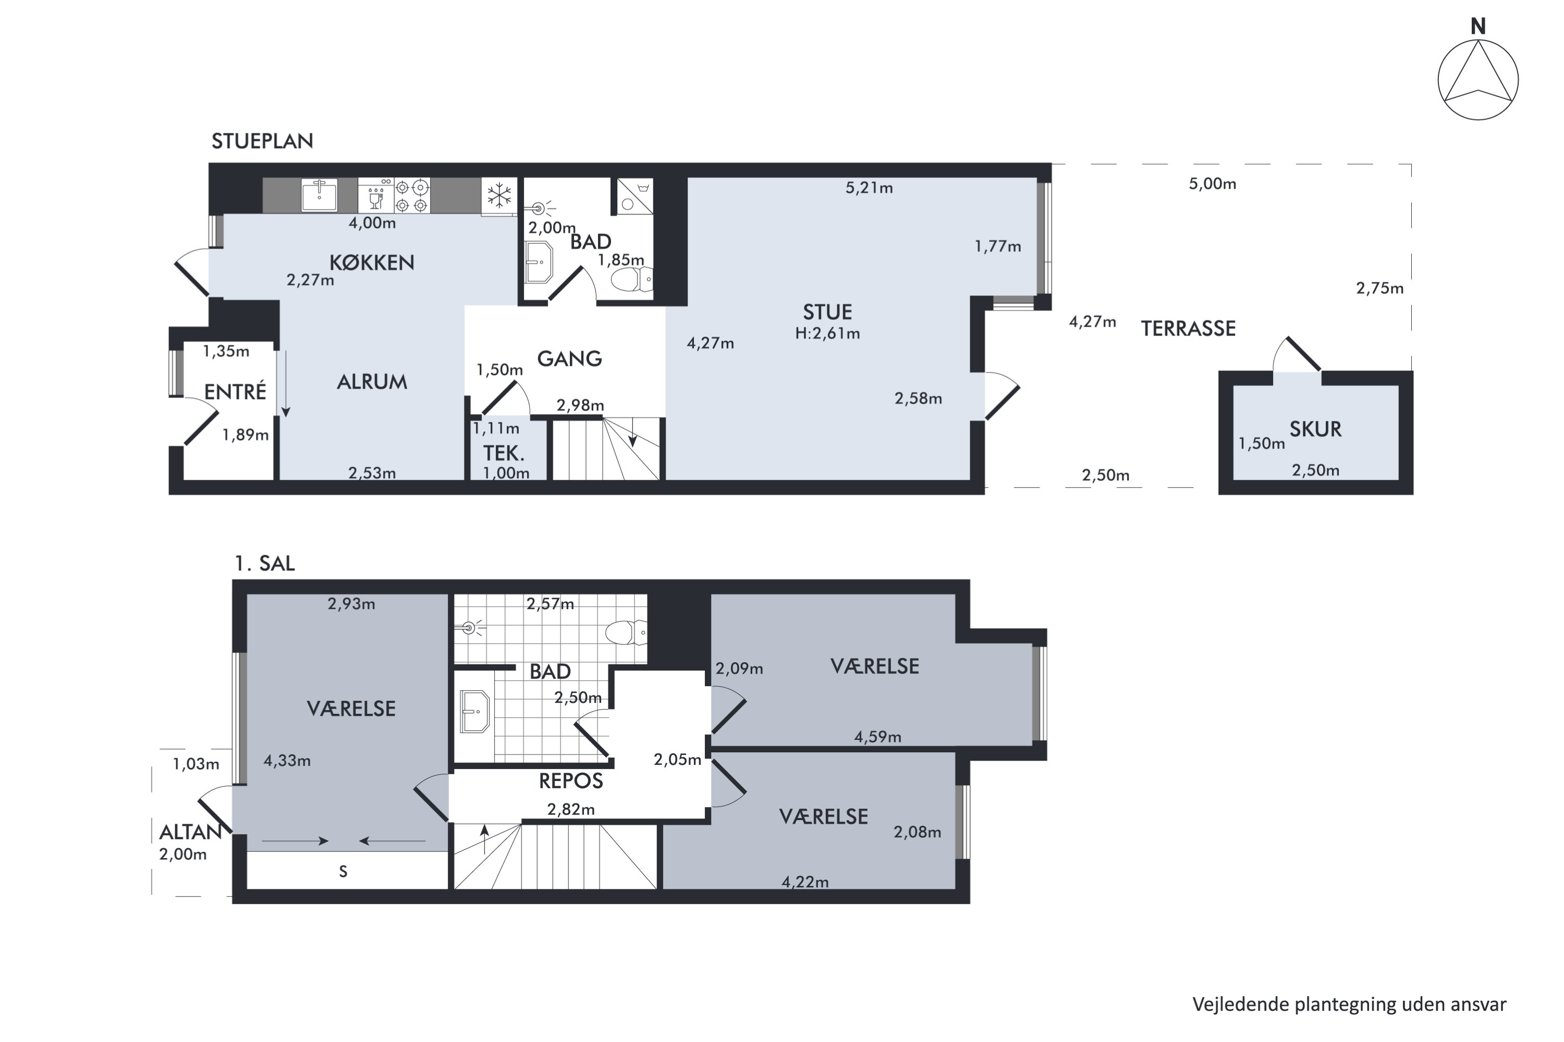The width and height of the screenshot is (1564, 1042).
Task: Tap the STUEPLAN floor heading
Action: tap(262, 141)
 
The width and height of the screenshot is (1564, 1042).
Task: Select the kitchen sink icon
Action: tap(319, 195)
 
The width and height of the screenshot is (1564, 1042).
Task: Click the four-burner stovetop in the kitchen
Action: tap(412, 195)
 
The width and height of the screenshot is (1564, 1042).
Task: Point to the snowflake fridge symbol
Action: tap(499, 195)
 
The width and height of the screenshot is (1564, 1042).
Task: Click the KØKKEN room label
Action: tap(372, 263)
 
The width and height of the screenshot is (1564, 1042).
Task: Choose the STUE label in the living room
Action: tap(827, 312)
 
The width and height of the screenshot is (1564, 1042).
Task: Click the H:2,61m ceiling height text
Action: tap(827, 333)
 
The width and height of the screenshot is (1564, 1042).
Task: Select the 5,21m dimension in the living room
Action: tap(869, 188)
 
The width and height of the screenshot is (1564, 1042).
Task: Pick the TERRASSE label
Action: tap(1188, 328)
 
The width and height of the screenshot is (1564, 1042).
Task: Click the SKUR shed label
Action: tap(1315, 429)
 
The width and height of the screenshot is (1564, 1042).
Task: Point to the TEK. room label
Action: tap(504, 453)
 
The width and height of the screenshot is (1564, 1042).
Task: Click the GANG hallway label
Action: tap(569, 359)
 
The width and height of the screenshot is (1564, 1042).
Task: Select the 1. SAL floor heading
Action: tap(264, 564)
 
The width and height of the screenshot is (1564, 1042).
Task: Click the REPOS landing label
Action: tap(570, 781)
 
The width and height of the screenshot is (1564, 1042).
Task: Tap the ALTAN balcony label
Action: tap(190, 832)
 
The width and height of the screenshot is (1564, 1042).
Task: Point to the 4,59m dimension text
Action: tap(878, 737)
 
